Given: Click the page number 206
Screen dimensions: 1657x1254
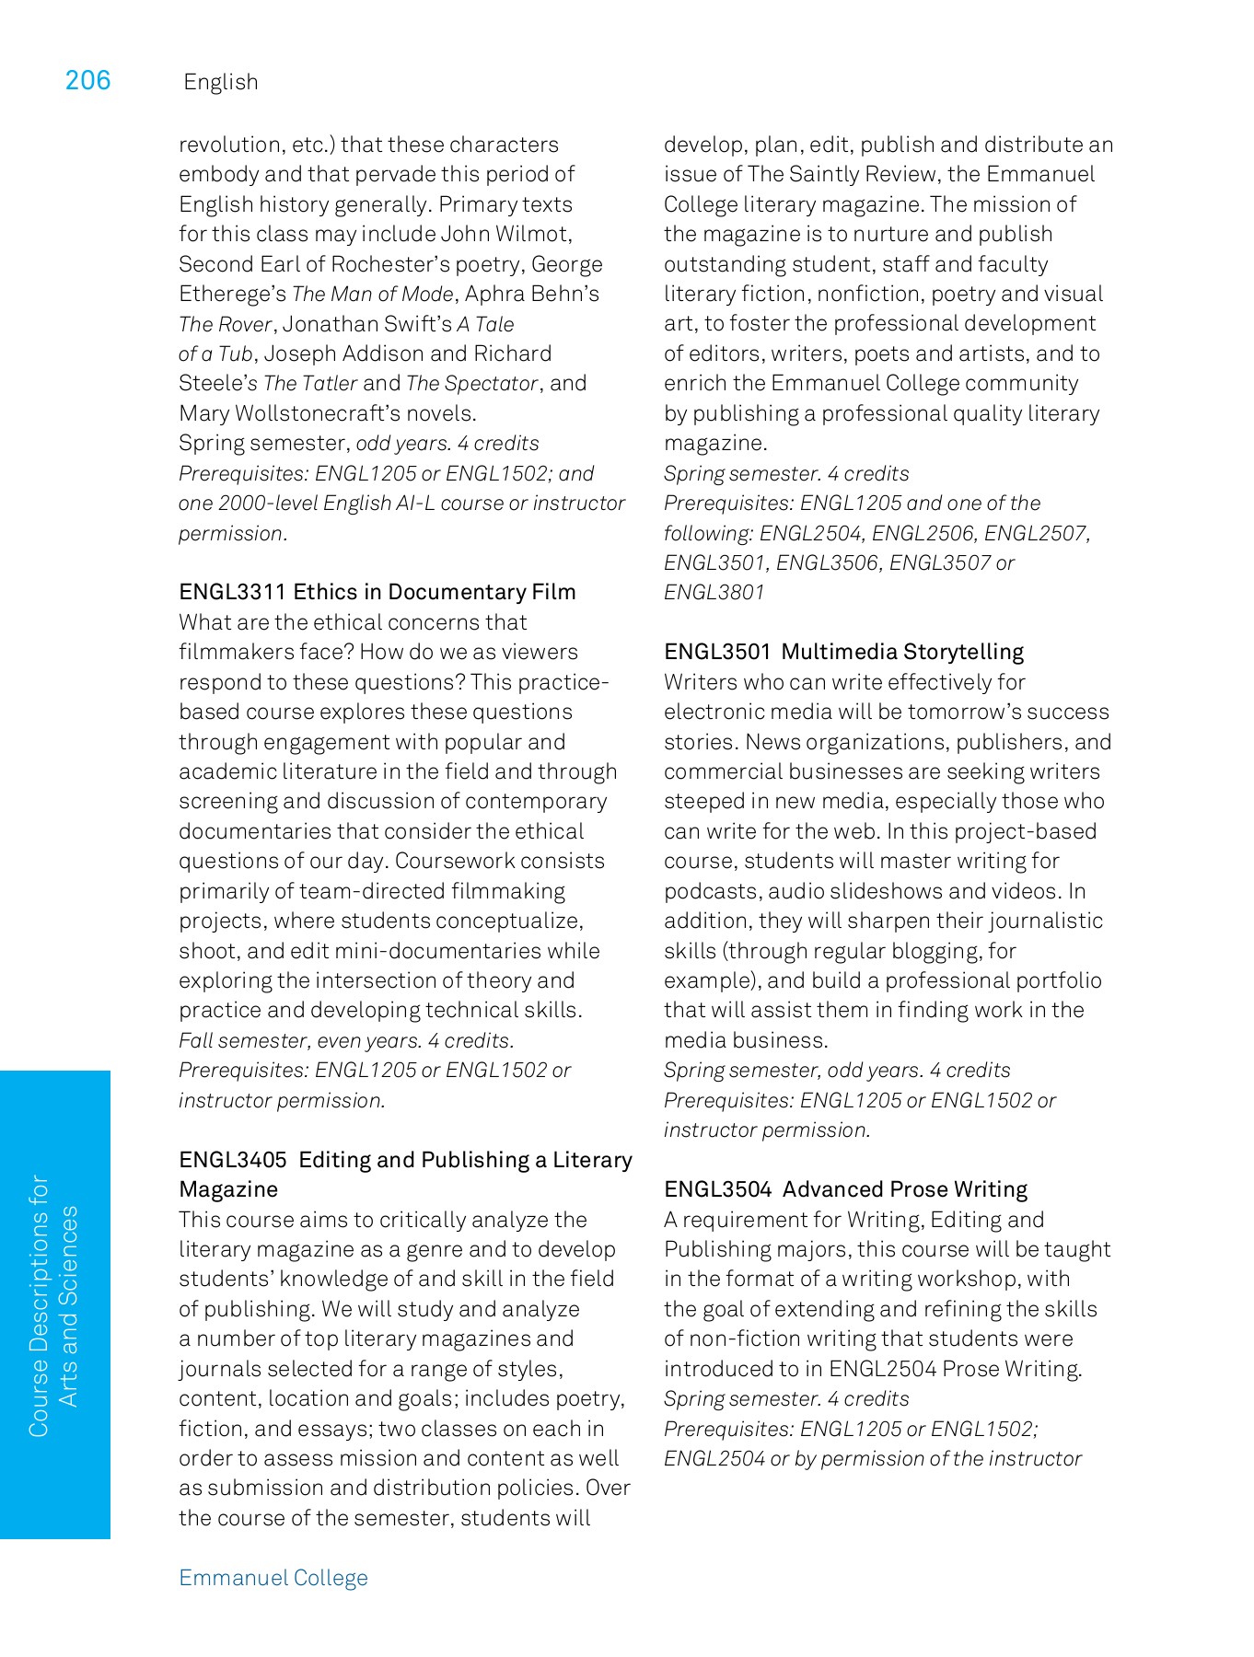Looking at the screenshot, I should (x=87, y=81).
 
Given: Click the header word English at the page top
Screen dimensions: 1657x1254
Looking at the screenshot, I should (x=221, y=83).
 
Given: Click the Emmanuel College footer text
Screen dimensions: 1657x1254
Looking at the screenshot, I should (x=273, y=1578).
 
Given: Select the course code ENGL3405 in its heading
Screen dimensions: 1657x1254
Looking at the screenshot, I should (x=233, y=1160).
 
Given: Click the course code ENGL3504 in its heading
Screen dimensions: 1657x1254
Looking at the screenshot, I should (x=718, y=1189).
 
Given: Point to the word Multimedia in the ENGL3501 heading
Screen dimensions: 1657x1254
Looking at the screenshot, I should (x=839, y=652).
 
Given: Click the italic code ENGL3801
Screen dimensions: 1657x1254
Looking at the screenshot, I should (x=714, y=593).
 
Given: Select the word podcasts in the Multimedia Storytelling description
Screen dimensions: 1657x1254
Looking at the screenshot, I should (x=710, y=891).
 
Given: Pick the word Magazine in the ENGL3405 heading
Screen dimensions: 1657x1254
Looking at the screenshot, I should (x=228, y=1189).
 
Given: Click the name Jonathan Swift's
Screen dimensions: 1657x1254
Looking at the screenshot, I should (x=367, y=324).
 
